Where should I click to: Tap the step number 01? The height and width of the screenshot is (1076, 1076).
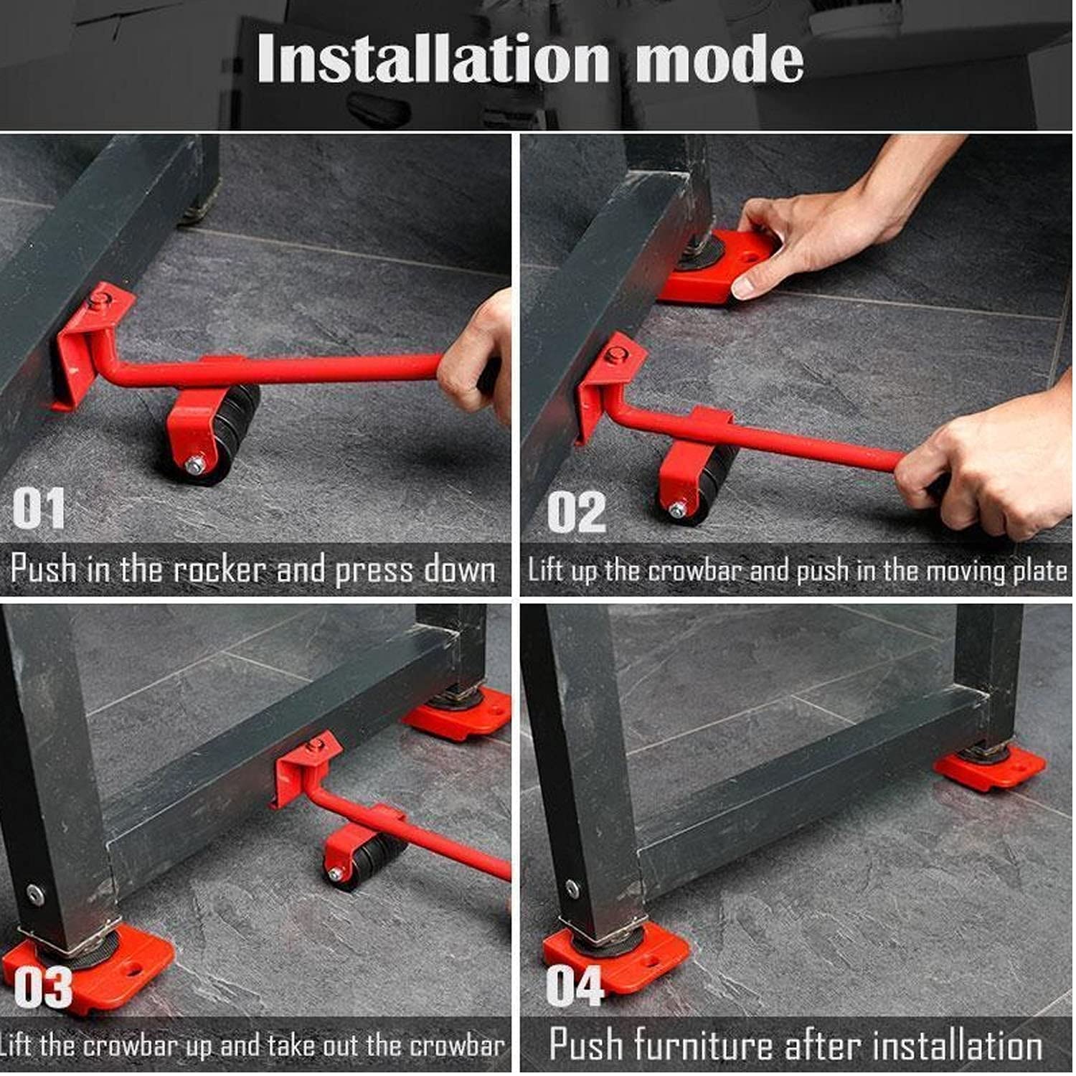pyautogui.click(x=39, y=508)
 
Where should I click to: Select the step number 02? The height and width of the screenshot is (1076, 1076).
pyautogui.click(x=576, y=512)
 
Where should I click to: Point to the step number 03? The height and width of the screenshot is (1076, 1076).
pyautogui.click(x=43, y=987)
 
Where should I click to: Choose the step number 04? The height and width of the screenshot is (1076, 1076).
pyautogui.click(x=575, y=986)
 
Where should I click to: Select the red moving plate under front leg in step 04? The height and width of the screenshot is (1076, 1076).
pyautogui.click(x=617, y=958)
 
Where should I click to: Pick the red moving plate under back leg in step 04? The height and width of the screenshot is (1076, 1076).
pyautogui.click(x=990, y=768)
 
